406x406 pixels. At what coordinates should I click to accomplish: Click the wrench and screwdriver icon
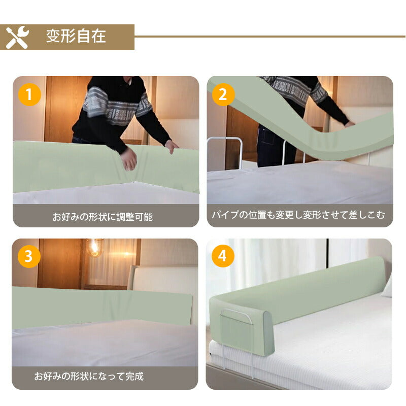pyautogui.click(x=17, y=37)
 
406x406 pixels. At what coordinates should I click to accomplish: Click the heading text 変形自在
pyautogui.click(x=76, y=36)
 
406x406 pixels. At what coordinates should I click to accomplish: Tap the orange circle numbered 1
pyautogui.click(x=29, y=94)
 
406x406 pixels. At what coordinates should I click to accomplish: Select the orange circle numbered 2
pyautogui.click(x=223, y=94)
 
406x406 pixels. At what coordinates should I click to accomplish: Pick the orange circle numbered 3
pyautogui.click(x=29, y=256)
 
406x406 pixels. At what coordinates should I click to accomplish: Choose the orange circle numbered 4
pyautogui.click(x=223, y=256)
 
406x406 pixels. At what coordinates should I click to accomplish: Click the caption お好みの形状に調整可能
pyautogui.click(x=103, y=217)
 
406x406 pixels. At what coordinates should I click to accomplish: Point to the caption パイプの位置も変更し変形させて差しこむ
pyautogui.click(x=298, y=215)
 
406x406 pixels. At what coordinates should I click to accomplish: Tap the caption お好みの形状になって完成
pyautogui.click(x=89, y=376)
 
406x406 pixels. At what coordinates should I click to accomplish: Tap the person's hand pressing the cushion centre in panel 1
pyautogui.click(x=129, y=160)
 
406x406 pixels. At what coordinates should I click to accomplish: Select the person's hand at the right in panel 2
pyautogui.click(x=350, y=124)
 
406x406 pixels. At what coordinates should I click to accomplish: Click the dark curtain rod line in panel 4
pyautogui.click(x=327, y=253)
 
